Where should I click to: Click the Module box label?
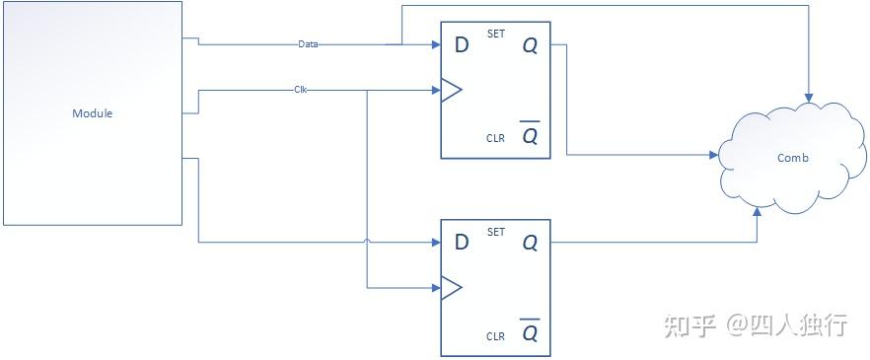pos(93,113)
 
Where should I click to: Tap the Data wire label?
pos(308,44)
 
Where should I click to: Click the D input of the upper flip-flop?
pos(460,45)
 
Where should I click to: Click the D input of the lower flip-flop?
pos(460,242)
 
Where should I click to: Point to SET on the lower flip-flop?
pos(496,232)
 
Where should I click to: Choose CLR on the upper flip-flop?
pos(495,138)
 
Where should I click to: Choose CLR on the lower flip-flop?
pos(495,336)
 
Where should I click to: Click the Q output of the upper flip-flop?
pos(530,45)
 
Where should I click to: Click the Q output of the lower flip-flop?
pos(530,242)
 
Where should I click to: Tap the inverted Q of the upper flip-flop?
pos(530,135)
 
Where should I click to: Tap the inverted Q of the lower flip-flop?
pos(530,332)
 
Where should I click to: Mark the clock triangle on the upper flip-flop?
pos(451,91)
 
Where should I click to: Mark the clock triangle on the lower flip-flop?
pos(451,288)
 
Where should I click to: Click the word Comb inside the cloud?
pos(793,158)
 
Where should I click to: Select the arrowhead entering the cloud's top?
pos(809,99)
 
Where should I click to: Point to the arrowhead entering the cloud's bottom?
pos(758,211)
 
